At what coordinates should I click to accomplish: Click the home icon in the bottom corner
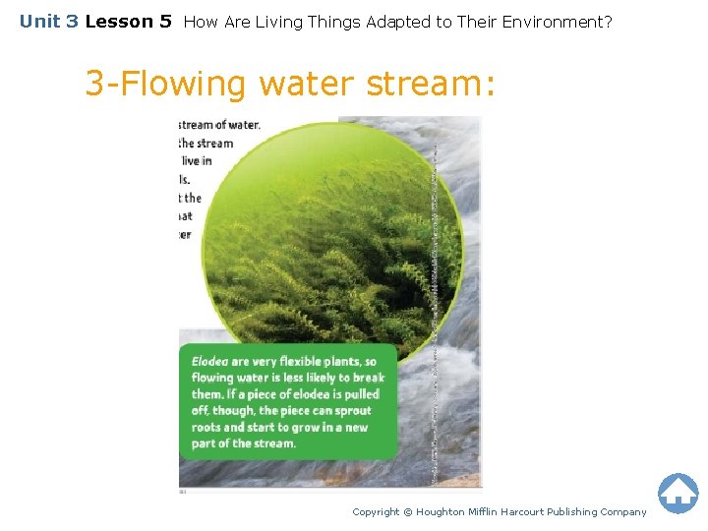tap(678, 494)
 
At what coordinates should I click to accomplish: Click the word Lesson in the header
tap(128, 21)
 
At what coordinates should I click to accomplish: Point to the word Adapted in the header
tap(396, 21)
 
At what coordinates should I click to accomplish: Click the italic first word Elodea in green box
tap(209, 362)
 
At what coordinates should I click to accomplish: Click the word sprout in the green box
tap(352, 411)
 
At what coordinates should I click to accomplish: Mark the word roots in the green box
tap(206, 427)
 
